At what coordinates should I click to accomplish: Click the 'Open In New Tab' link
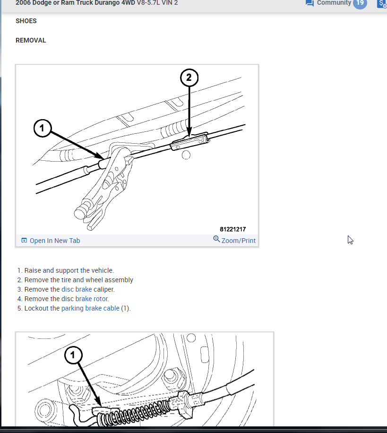[55, 241]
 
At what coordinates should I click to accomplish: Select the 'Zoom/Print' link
[238, 241]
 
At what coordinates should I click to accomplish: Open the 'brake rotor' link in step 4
[92, 299]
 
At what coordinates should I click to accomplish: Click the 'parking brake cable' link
[90, 308]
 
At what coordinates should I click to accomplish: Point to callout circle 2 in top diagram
[189, 78]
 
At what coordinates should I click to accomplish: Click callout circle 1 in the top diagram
[43, 128]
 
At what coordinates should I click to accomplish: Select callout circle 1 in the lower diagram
[73, 355]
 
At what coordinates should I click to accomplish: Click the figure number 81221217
[232, 229]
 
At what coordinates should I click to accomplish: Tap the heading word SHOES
[26, 21]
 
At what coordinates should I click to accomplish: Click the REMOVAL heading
[31, 40]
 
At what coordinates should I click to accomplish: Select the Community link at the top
[334, 3]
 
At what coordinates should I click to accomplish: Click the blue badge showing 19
[360, 3]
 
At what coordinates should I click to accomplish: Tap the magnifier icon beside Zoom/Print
[216, 239]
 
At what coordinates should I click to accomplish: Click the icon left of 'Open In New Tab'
[24, 241]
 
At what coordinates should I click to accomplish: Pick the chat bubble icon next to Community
[310, 3]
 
